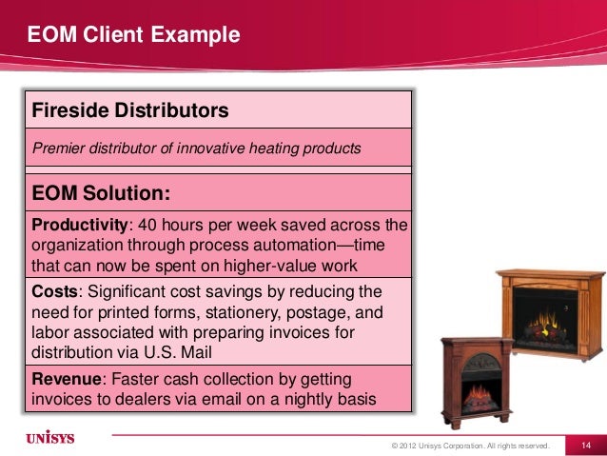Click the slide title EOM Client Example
tap(132, 37)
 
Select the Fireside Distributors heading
tap(130, 110)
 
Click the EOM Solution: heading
tap(102, 193)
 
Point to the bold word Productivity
tap(79, 225)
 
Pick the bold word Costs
tap(54, 289)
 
